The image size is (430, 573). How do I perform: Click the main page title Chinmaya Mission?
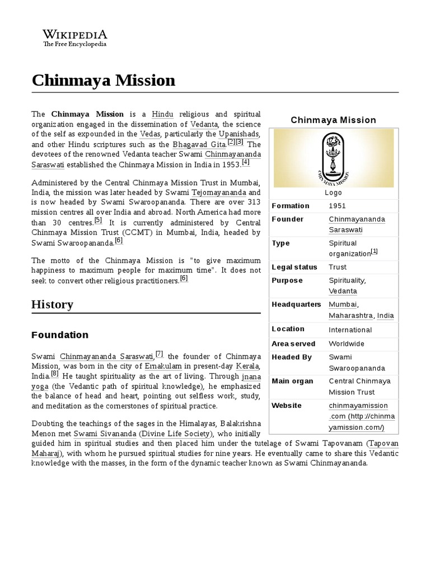pyautogui.click(x=104, y=80)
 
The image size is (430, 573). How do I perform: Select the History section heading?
pyautogui.click(x=52, y=304)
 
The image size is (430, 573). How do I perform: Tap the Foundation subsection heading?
pyautogui.click(x=60, y=335)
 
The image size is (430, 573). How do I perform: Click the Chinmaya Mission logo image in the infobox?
pyautogui.click(x=333, y=158)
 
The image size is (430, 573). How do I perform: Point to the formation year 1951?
pyautogui.click(x=338, y=206)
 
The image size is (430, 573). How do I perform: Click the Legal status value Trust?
pyautogui.click(x=338, y=267)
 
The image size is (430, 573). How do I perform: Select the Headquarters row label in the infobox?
pyautogui.click(x=296, y=304)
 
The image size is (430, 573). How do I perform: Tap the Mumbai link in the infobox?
pyautogui.click(x=342, y=304)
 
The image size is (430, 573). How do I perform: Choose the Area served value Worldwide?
pyautogui.click(x=347, y=344)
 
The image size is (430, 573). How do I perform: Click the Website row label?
pyautogui.click(x=287, y=405)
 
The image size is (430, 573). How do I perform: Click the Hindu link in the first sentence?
pyautogui.click(x=163, y=114)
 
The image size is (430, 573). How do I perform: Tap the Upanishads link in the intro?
pyautogui.click(x=239, y=134)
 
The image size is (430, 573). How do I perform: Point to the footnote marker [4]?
pyautogui.click(x=245, y=163)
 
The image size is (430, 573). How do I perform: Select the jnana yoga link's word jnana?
pyautogui.click(x=251, y=376)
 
